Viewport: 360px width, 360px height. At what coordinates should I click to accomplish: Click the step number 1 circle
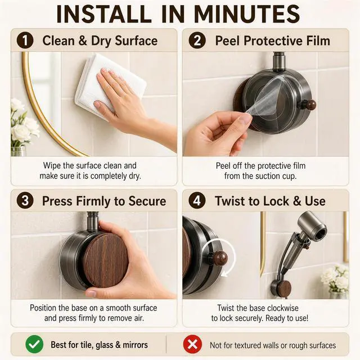click(25, 40)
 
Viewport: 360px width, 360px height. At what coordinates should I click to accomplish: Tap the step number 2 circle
click(197, 40)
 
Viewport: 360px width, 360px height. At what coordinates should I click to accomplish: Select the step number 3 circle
click(25, 200)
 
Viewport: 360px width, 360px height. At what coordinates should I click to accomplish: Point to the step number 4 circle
click(197, 200)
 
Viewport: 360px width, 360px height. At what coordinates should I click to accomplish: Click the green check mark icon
click(34, 344)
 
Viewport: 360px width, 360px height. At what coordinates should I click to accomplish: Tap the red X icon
click(192, 344)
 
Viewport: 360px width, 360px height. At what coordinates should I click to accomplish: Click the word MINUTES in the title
click(247, 13)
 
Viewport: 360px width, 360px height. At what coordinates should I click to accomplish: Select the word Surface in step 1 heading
click(136, 41)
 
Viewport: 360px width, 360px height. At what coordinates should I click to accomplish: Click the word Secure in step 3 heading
click(147, 201)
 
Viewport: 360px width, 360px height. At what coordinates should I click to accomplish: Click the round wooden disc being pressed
click(106, 260)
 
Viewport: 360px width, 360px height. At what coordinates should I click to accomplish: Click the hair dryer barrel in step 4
click(312, 225)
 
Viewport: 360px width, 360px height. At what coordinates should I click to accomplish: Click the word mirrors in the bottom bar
click(135, 345)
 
